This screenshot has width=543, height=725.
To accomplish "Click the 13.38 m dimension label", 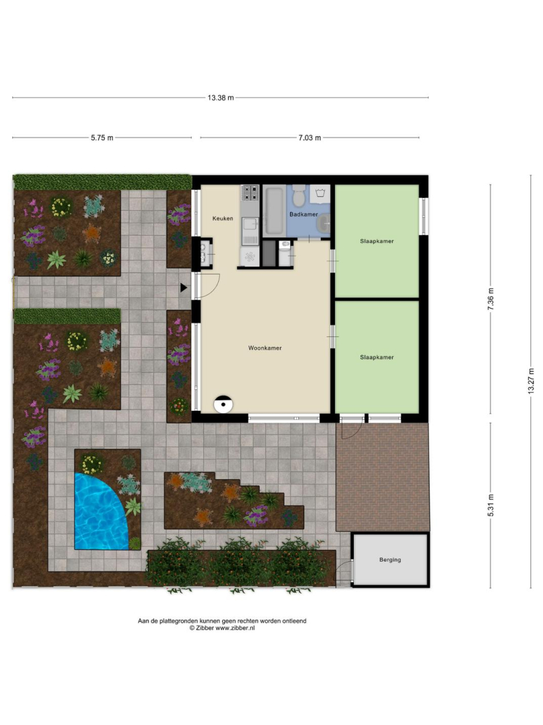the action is click(220, 97).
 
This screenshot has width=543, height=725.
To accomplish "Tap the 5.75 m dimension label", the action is click(101, 138).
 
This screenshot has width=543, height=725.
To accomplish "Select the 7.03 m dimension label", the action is click(309, 138).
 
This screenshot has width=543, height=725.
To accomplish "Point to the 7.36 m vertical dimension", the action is click(491, 299).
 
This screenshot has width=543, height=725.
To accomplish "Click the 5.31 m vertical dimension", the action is click(491, 505).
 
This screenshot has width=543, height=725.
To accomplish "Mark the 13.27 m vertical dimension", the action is click(531, 381).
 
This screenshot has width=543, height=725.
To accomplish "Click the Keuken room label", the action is click(223, 218).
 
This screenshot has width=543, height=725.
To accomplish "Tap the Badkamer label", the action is click(303, 214).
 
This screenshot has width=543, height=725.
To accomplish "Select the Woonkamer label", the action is click(265, 348).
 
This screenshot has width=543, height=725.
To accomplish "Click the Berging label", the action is click(390, 559).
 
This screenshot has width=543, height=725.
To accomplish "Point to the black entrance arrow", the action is click(183, 287).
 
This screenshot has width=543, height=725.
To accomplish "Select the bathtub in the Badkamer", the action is click(274, 210).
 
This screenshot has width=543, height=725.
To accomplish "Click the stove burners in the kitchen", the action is click(250, 193).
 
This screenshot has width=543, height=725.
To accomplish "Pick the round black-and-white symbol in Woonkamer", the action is click(224, 404).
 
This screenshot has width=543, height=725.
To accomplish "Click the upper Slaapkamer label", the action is click(377, 241).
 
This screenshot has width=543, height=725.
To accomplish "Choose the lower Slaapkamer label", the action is click(377, 357).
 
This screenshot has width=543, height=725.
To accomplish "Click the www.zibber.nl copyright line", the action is click(221, 628).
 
